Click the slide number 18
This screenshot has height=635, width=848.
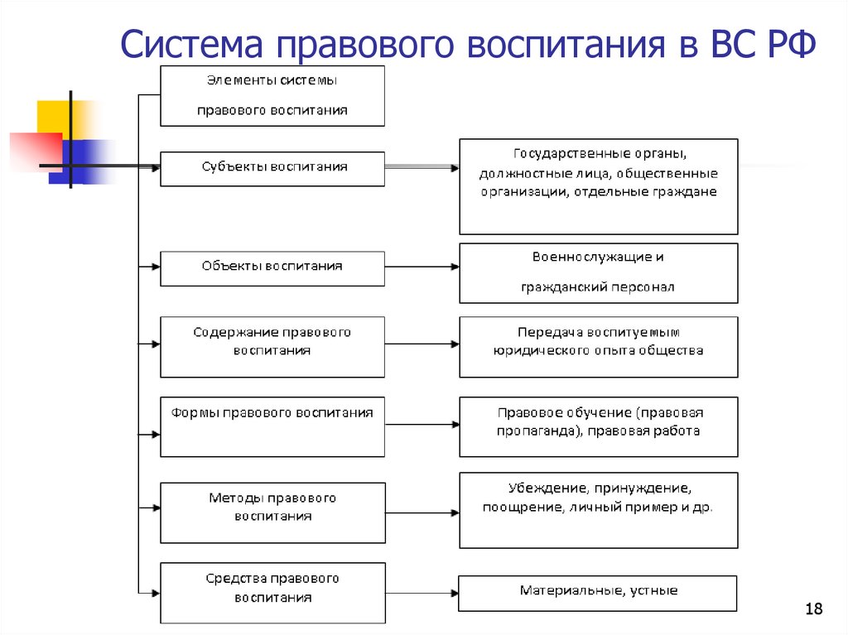click(813, 610)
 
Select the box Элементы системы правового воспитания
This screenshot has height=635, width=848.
click(272, 95)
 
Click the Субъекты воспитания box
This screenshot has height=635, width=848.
click(272, 168)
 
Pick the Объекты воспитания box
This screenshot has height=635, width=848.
click(272, 267)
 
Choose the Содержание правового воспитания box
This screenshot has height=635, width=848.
click(272, 346)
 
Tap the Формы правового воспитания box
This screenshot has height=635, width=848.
click(272, 426)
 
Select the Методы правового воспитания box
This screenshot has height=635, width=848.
click(272, 512)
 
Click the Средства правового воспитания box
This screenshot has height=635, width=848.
click(272, 591)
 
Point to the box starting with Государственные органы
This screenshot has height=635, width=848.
click(598, 185)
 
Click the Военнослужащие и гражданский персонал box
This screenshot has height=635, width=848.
click(598, 272)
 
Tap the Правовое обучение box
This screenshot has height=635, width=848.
click(598, 426)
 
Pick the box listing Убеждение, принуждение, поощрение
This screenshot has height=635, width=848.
click(598, 509)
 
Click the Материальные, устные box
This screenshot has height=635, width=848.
click(598, 593)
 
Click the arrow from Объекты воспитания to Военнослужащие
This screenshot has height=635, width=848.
click(422, 267)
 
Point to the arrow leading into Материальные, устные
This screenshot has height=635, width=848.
click(422, 594)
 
